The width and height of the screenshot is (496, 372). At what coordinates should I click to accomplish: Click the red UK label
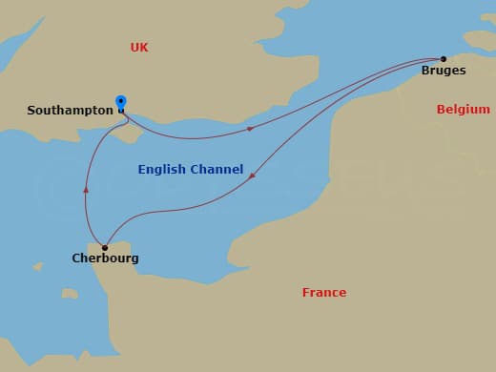point(139,47)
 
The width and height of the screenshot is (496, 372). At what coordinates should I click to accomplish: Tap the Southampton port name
point(70,111)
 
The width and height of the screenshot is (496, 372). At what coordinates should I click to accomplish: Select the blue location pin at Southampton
point(121,102)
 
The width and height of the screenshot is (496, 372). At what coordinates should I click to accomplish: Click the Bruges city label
point(444,71)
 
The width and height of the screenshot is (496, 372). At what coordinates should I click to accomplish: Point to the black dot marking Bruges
point(444,58)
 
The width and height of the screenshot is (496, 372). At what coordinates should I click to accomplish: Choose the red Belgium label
point(463,110)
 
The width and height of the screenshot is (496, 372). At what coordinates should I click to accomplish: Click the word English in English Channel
point(161,170)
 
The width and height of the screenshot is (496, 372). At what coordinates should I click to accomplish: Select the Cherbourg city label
point(105,258)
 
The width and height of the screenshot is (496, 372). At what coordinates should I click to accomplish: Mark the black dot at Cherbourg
point(105,247)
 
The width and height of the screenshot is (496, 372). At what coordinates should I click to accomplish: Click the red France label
point(324,293)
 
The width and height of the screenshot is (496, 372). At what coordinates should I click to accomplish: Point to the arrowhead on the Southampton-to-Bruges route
point(250,128)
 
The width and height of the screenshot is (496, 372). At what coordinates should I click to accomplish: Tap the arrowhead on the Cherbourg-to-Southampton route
point(86,189)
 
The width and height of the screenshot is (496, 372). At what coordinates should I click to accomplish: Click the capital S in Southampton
point(31,111)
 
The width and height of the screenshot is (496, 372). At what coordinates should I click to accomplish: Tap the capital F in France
point(306,293)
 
